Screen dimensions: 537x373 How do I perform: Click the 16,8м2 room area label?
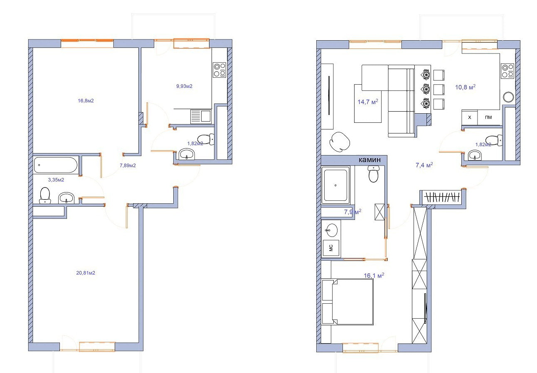coord(86,101)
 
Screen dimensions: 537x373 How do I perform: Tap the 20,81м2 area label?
coord(86,273)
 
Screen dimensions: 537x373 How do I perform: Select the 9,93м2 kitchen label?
coord(185,86)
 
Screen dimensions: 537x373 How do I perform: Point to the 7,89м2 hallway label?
coord(128,165)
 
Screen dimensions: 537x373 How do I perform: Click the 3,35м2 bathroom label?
coord(56,180)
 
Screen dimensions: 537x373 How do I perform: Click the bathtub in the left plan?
coord(56,165)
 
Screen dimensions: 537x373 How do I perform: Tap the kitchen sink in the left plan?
coord(201,117)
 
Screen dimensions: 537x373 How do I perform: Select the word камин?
coord(369,160)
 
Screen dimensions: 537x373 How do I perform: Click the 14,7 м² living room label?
coord(368,102)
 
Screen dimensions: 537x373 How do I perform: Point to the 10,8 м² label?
coord(466,87)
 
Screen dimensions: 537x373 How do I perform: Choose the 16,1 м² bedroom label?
coord(374,275)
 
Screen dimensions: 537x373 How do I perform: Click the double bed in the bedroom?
coord(347,302)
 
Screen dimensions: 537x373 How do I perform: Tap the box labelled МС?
coord(331,248)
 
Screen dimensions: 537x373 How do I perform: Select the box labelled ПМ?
coord(488,117)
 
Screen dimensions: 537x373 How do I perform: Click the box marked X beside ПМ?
coord(470,117)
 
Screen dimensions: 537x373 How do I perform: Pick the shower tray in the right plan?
coord(336,185)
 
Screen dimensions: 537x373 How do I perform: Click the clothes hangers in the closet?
coord(442,197)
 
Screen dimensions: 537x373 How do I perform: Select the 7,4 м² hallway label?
coord(424,165)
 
